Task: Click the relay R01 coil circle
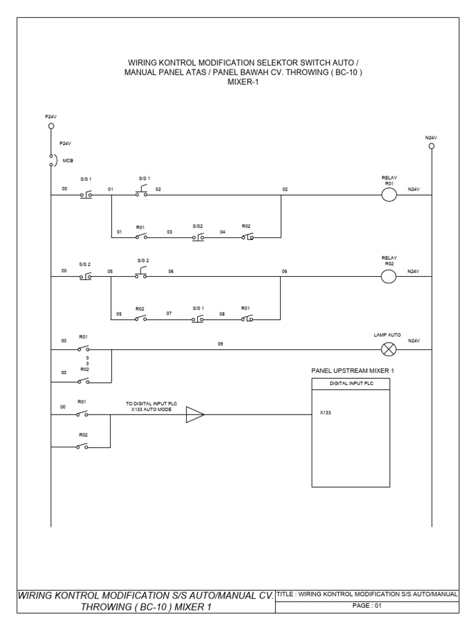[389, 196]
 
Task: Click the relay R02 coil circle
[389, 276]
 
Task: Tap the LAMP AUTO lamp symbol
[389, 349]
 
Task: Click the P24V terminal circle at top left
[51, 126]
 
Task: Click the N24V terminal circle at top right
[431, 146]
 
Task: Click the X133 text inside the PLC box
[326, 413]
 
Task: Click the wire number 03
[169, 232]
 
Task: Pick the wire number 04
[223, 232]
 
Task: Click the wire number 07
[169, 313]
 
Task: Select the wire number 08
[223, 313]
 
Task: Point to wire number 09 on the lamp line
[220, 344]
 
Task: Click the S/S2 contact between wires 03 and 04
[198, 236]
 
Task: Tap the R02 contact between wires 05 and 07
[142, 317]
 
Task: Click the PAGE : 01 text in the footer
[366, 606]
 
